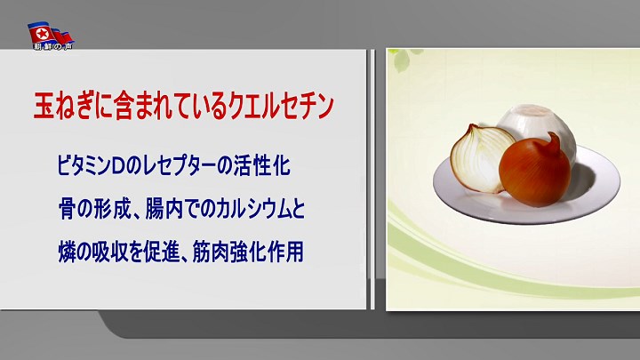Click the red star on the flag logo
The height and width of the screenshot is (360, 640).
pos(42,34)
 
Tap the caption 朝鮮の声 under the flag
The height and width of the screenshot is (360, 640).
pos(53,47)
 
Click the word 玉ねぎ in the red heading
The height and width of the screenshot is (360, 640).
pos(62,106)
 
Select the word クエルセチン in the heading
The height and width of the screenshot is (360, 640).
pos(281,106)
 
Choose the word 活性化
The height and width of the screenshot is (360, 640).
pos(261,166)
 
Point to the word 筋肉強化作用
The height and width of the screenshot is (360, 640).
pos(248,252)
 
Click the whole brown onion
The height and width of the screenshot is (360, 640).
pos(535,171)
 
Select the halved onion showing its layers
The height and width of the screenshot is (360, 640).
pos(481,158)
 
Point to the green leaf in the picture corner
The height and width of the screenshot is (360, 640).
pos(402,59)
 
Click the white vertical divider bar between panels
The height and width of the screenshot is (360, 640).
pos(372,180)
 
